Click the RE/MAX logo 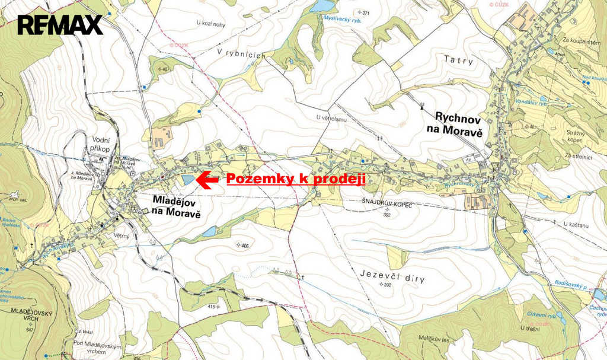60,25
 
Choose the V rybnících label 239,53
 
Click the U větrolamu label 331,118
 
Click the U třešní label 529,328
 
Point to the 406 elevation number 245,245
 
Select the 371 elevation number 365,13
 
